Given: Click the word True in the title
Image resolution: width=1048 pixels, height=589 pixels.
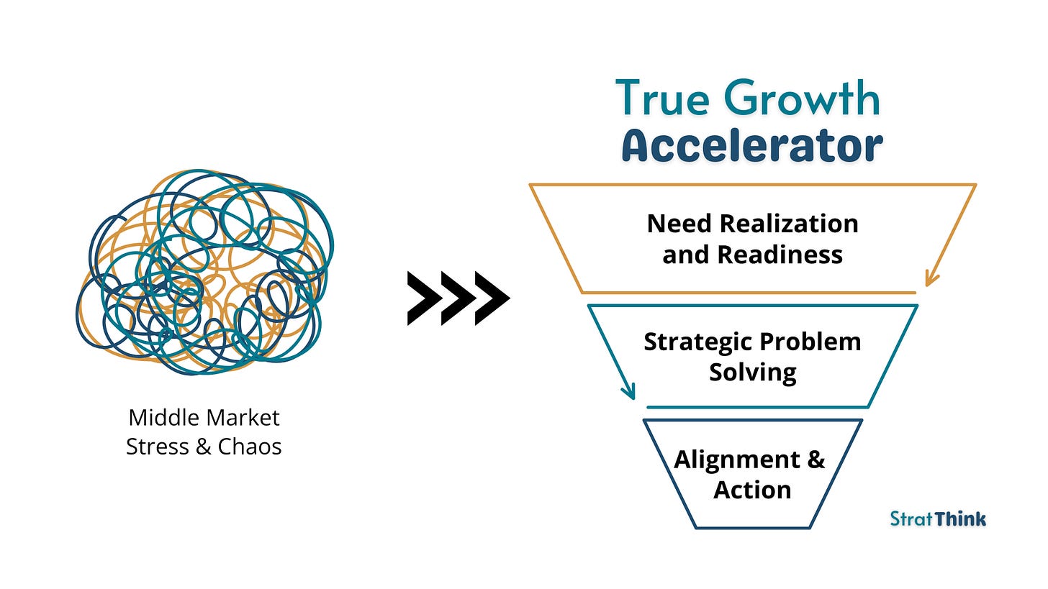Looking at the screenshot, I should [x=660, y=99].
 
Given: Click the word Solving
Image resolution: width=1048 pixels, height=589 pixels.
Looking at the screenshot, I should [x=752, y=373].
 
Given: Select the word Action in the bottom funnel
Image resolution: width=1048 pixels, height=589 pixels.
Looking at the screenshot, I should [x=752, y=490].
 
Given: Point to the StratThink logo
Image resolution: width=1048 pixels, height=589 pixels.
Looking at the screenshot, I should [x=938, y=519].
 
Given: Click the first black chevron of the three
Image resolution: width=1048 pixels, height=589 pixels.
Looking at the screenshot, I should [x=423, y=298].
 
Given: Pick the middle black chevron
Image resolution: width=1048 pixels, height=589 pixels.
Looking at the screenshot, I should [x=457, y=298].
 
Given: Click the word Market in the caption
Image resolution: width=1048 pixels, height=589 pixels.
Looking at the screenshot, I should [x=244, y=417].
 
